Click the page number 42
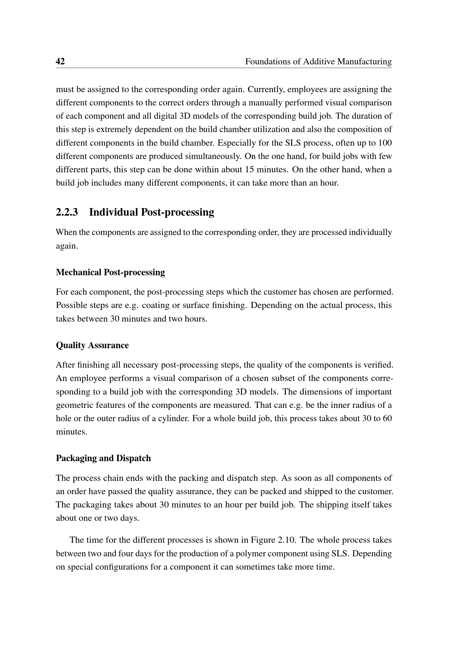(60, 61)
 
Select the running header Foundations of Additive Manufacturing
(318, 61)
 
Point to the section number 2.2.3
(67, 212)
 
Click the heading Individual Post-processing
(152, 212)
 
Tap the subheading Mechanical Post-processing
(110, 272)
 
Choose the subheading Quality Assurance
(92, 345)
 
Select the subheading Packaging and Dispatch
(103, 458)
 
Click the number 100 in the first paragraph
(385, 143)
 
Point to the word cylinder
(174, 418)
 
